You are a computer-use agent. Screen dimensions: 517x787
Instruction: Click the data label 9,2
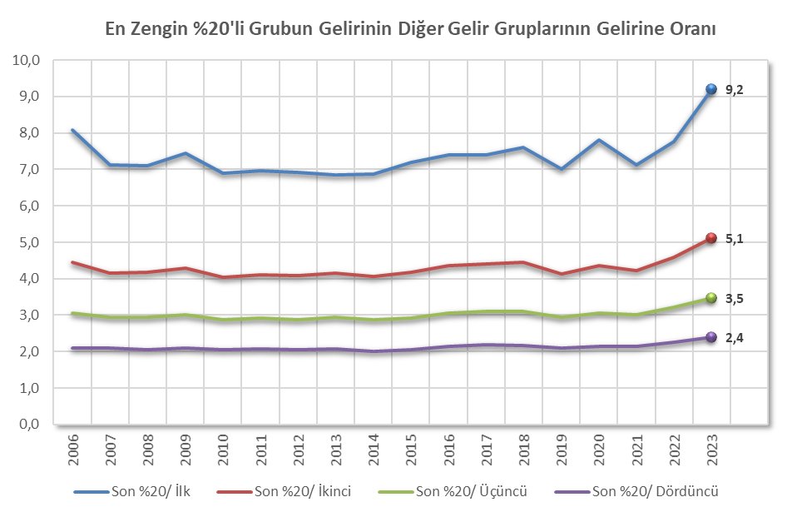734,90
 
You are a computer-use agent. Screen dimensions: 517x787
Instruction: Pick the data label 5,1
734,239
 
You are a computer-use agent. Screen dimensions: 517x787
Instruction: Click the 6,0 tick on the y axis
28,206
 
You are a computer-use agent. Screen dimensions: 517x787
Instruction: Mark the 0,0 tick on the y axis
28,425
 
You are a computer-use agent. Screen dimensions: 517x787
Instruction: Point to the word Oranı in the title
696,27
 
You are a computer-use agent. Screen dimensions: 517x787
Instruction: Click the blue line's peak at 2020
598,140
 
